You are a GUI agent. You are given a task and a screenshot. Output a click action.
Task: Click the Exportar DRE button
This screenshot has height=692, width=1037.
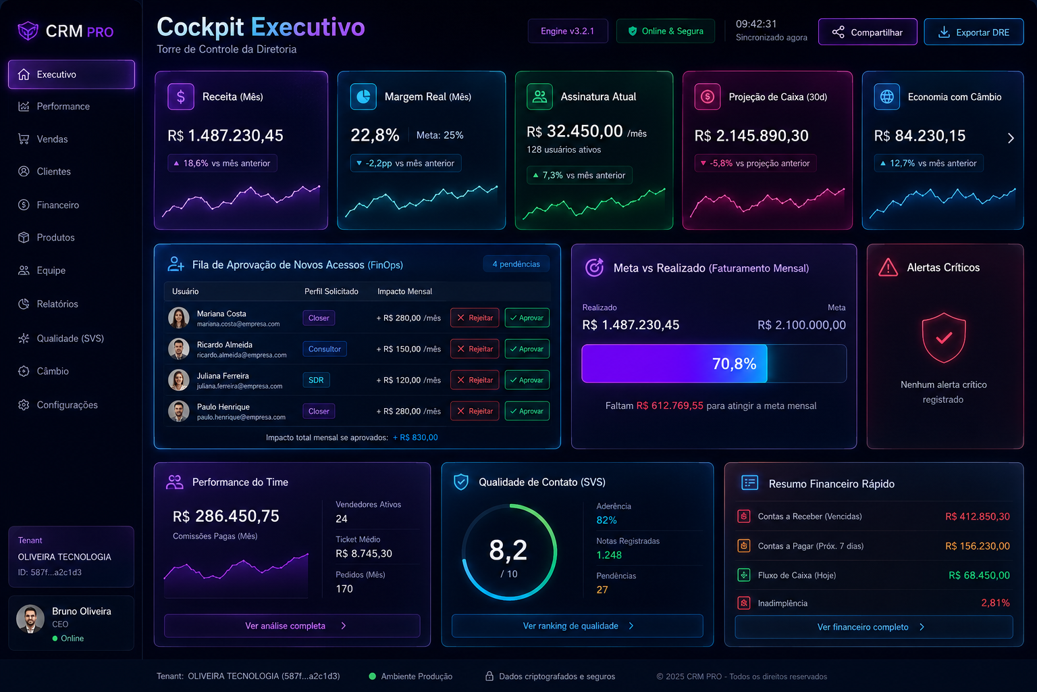tap(974, 32)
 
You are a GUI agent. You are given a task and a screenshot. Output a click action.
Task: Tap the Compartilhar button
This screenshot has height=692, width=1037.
tap(868, 32)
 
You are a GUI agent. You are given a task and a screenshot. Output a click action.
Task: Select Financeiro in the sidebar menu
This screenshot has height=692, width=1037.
tap(58, 205)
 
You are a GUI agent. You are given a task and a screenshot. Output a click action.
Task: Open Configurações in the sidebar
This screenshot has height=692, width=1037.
tap(67, 405)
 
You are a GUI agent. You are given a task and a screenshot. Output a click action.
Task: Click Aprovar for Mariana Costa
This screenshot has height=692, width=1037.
tap(527, 318)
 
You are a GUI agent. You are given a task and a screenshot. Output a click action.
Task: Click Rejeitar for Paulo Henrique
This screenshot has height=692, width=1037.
tap(475, 411)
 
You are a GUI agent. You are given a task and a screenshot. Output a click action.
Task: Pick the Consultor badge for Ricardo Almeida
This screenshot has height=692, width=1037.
tap(325, 349)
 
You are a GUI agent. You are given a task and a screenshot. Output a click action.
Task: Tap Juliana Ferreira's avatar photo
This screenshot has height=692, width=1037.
tap(179, 380)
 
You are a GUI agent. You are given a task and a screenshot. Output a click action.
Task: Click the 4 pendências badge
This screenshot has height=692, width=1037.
tap(516, 264)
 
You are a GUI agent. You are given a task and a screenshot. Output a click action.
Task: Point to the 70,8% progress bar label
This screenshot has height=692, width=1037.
tap(734, 364)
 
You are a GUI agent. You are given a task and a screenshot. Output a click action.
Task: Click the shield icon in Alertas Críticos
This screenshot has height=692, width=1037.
tap(943, 337)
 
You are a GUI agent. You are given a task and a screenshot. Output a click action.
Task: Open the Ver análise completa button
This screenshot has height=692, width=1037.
tap(292, 626)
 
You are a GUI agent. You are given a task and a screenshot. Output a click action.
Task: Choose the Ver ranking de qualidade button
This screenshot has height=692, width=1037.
tap(577, 626)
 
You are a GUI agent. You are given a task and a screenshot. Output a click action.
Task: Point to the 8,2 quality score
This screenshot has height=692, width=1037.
tap(508, 551)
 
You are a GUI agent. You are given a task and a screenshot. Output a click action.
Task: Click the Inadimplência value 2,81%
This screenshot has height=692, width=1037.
tap(995, 603)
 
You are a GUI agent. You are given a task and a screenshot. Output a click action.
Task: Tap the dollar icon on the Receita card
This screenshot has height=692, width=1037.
tap(180, 97)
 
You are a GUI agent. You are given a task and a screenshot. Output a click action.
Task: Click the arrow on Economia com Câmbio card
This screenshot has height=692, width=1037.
tap(1011, 138)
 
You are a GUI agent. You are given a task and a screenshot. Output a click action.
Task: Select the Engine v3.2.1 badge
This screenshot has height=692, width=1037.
tap(568, 31)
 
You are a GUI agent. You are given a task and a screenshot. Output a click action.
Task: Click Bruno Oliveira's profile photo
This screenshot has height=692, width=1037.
tap(30, 619)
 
